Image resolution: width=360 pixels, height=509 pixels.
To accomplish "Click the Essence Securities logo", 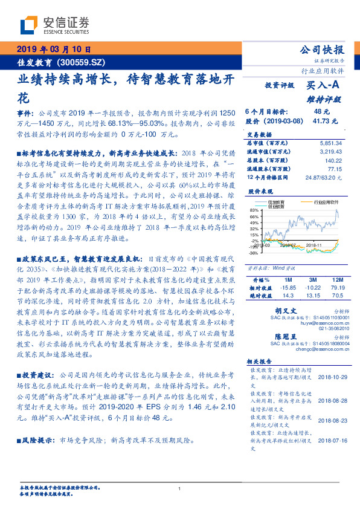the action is pyautogui.click(x=54, y=25).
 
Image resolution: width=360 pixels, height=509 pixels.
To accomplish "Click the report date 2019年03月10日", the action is pyautogui.click(x=54, y=50).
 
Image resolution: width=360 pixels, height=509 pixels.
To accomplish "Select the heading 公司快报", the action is pyautogui.click(x=322, y=50).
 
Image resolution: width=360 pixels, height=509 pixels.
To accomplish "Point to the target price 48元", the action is pyautogui.click(x=322, y=112).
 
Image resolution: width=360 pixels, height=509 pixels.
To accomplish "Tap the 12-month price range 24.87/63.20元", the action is pyautogui.click(x=324, y=178).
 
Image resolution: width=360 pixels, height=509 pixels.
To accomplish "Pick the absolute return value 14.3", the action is pyautogui.click(x=288, y=296).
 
